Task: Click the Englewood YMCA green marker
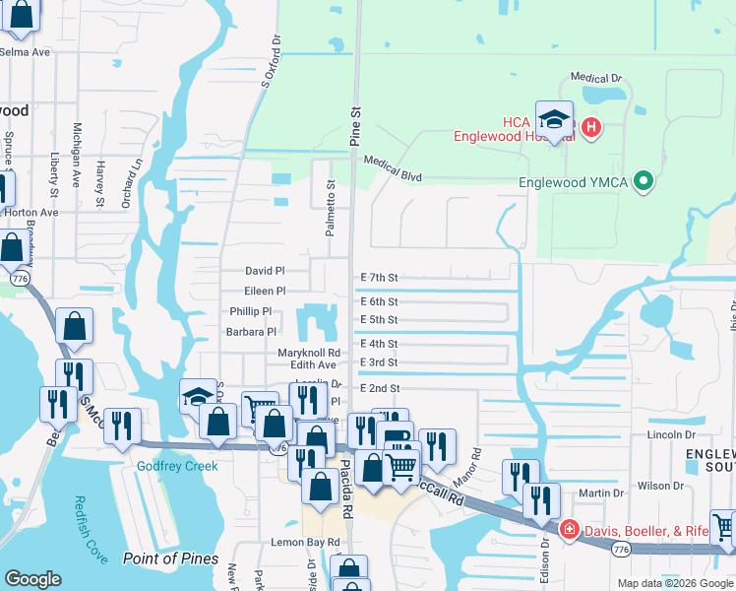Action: pyautogui.click(x=644, y=181)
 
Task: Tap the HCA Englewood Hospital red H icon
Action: pyautogui.click(x=590, y=127)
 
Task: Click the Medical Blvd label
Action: pyautogui.click(x=393, y=168)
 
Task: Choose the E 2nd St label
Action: pyautogui.click(x=379, y=388)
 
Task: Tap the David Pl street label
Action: pyautogui.click(x=265, y=270)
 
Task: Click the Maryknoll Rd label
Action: pyautogui.click(x=309, y=352)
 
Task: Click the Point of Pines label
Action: pyautogui.click(x=170, y=558)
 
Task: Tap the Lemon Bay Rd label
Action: pyautogui.click(x=305, y=543)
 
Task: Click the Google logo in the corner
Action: pyautogui.click(x=33, y=579)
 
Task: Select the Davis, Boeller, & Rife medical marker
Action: pyautogui.click(x=569, y=531)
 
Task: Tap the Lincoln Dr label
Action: pyautogui.click(x=671, y=434)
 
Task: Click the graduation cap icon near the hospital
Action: pyautogui.click(x=554, y=119)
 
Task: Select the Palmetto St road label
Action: pyautogui.click(x=332, y=207)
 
